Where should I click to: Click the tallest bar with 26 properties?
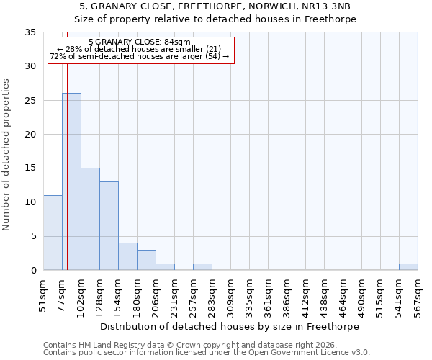(x=71, y=181)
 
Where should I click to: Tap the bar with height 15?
(x=90, y=219)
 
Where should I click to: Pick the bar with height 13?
(x=109, y=225)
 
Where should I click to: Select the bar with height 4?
(x=127, y=256)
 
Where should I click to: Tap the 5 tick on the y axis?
(x=33, y=236)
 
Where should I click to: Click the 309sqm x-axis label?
(x=230, y=295)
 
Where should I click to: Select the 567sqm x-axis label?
(x=418, y=295)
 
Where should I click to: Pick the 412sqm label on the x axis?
(x=305, y=295)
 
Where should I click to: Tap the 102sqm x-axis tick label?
(x=81, y=295)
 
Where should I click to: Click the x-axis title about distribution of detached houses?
(x=230, y=326)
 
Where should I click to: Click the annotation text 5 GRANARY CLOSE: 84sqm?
(x=140, y=42)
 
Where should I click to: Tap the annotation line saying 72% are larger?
(x=140, y=56)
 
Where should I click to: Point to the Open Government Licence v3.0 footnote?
(x=207, y=352)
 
